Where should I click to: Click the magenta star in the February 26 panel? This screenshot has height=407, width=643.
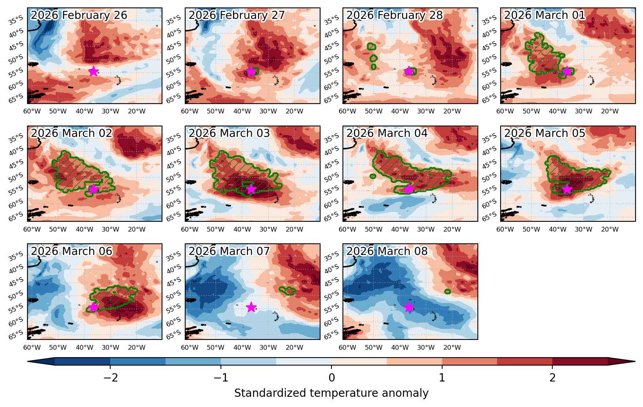[x=93, y=71]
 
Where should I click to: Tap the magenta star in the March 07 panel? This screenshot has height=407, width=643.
[x=251, y=307]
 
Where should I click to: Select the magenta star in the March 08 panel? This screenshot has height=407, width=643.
[x=409, y=307]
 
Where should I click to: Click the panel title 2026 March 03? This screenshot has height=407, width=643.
[x=229, y=133]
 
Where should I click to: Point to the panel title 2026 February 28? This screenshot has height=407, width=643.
[x=395, y=15]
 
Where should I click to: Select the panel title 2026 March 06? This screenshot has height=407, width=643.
[x=71, y=251]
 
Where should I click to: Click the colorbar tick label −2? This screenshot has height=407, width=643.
[x=111, y=378]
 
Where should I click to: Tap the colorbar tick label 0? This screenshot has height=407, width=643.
[x=332, y=378]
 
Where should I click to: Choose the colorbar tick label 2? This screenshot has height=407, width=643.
[x=553, y=378]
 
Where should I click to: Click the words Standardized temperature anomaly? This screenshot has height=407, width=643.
[x=331, y=393]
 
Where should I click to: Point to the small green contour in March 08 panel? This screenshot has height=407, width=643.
[x=447, y=292]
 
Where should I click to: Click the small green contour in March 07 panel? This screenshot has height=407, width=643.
[x=287, y=290]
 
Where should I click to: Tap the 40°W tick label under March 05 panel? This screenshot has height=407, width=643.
[x=557, y=230]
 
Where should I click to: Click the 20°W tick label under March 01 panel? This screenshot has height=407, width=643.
[x=610, y=111]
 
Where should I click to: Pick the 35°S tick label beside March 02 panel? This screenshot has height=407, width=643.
[x=16, y=138]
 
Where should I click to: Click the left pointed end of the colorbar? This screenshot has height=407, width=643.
[x=28, y=361]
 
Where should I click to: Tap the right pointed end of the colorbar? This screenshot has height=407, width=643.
[x=635, y=361]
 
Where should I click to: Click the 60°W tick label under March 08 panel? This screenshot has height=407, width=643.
[x=347, y=348]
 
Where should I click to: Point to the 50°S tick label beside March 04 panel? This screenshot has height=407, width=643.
[x=331, y=178]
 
